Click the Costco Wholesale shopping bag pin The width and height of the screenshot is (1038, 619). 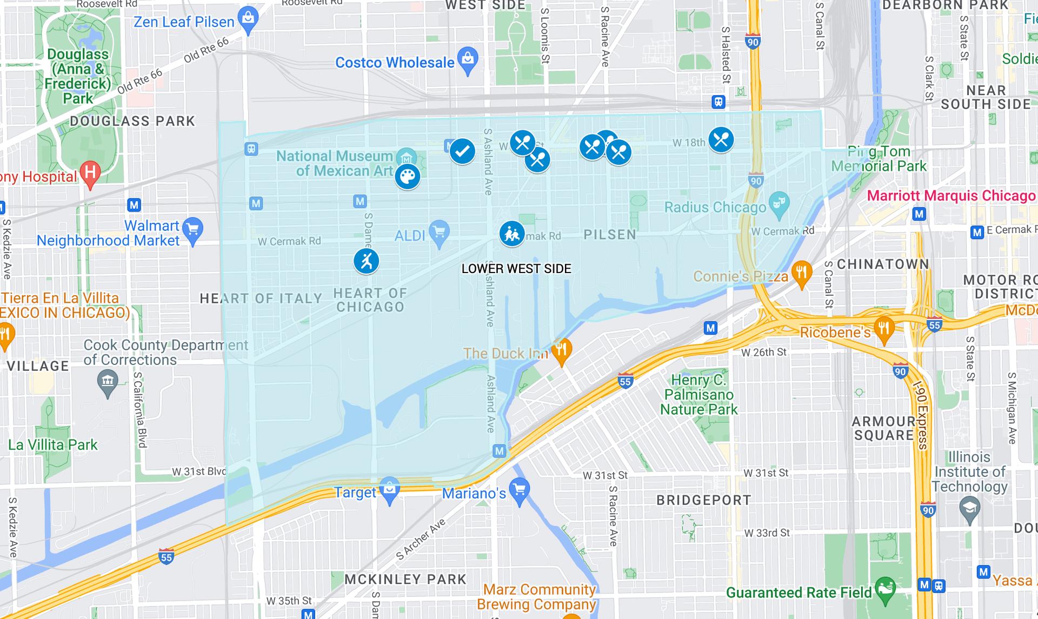(468, 59)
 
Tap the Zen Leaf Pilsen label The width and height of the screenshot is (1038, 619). (184, 22)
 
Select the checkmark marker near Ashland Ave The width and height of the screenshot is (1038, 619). (462, 151)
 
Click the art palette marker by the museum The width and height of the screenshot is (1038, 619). (407, 177)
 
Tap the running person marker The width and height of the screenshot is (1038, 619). (367, 261)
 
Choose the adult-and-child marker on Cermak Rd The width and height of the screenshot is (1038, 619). (511, 234)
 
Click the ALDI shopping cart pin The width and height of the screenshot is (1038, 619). (439, 233)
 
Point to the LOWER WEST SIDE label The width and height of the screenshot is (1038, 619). (516, 269)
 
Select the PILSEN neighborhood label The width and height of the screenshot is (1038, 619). (610, 235)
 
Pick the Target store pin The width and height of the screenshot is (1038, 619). (389, 489)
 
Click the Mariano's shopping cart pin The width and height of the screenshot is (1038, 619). (520, 491)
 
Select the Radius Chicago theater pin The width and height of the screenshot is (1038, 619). (778, 204)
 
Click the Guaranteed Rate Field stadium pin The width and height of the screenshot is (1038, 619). (886, 589)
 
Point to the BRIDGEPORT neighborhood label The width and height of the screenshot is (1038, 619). (703, 500)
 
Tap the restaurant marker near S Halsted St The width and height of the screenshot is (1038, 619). (721, 139)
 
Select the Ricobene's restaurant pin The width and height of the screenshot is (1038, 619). (884, 329)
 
